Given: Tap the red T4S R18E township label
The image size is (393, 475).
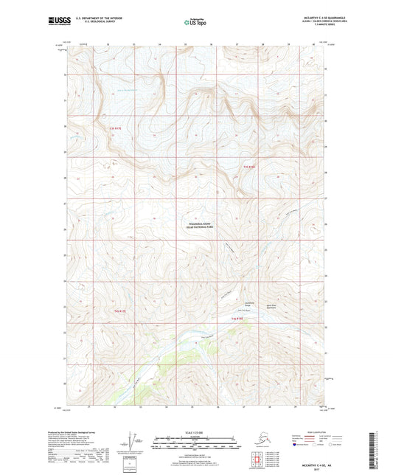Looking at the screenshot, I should click(x=238, y=318).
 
